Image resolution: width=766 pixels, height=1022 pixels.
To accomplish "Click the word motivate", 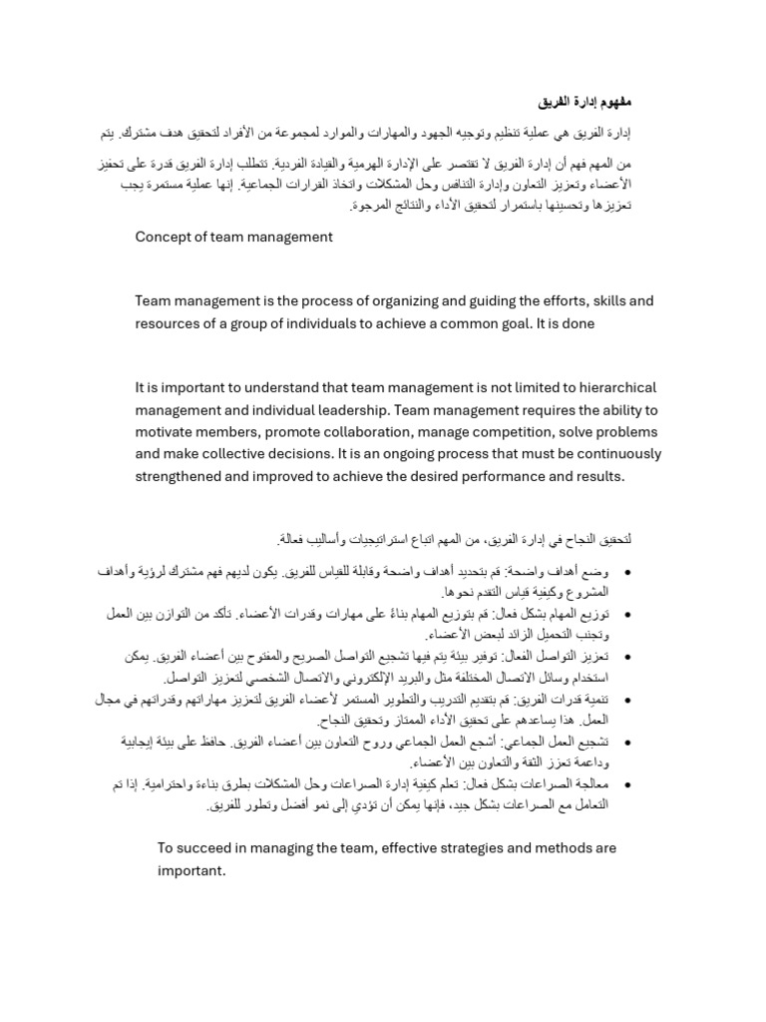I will (166, 431).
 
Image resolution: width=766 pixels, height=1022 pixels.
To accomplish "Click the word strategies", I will (486, 847).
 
